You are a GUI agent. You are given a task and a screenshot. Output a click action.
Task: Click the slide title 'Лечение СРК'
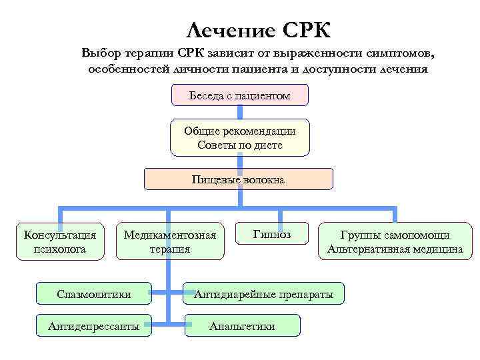click(x=258, y=29)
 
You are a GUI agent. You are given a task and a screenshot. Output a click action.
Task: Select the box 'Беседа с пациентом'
click(x=240, y=96)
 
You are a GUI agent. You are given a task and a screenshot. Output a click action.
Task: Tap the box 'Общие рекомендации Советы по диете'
click(x=240, y=138)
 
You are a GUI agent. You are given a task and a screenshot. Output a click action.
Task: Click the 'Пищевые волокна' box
click(x=239, y=179)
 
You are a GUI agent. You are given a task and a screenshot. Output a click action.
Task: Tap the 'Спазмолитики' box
click(x=94, y=293)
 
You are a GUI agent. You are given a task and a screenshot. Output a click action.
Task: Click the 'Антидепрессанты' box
click(x=94, y=326)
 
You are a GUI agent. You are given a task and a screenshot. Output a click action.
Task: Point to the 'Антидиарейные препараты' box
click(x=263, y=293)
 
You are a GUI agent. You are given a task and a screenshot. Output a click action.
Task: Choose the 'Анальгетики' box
click(x=242, y=326)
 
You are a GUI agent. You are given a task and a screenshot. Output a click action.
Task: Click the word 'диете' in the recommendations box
click(x=268, y=145)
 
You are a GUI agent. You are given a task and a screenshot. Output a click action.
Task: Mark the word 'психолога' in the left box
click(x=60, y=249)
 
